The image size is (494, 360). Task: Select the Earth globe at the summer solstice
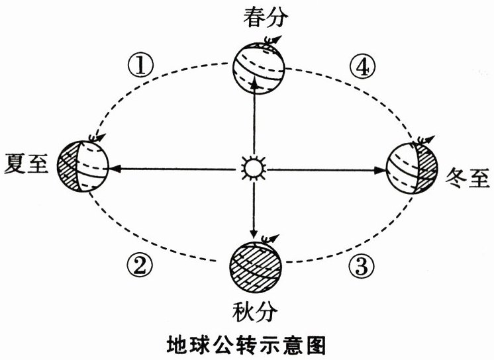click(81, 166)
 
